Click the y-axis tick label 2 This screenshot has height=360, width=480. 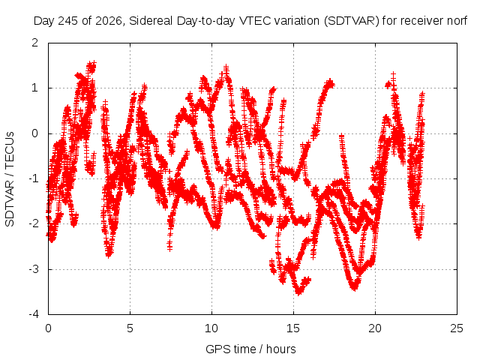point(35,43)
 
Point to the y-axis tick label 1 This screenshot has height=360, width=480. point(35,88)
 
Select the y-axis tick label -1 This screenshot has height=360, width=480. point(33,178)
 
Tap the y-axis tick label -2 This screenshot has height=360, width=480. point(33,223)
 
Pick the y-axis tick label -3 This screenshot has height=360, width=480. point(33,269)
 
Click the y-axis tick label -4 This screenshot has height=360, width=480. point(33,314)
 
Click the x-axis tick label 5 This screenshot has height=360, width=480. point(130,328)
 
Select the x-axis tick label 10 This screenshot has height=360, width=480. point(211,328)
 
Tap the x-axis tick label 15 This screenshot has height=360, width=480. point(293,328)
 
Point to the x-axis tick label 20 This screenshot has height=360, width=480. point(375,328)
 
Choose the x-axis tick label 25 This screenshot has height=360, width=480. point(457,328)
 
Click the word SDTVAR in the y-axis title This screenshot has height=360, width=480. point(10,203)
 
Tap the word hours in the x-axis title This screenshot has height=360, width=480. point(281,349)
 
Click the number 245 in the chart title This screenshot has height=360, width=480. point(68,21)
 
